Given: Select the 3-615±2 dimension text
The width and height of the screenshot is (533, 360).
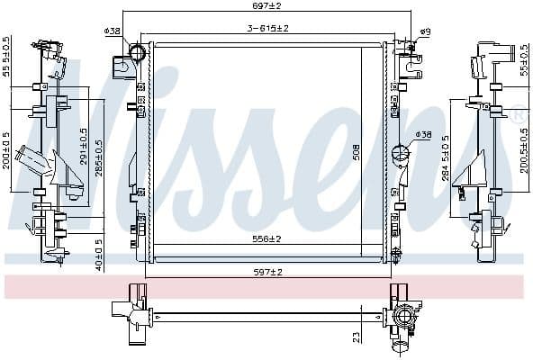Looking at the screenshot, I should tap(268, 28).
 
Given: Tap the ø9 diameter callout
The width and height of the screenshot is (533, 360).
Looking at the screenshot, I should tap(425, 32).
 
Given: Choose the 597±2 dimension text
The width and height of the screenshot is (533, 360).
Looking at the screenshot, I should tap(266, 271).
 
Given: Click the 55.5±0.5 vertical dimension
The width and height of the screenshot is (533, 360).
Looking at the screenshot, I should tap(7, 57).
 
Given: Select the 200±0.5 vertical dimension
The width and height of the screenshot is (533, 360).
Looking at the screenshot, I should tap(7, 151).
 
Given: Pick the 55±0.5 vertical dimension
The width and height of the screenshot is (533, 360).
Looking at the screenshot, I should tap(526, 59).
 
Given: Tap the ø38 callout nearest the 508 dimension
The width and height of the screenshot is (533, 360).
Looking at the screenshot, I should tap(423, 135).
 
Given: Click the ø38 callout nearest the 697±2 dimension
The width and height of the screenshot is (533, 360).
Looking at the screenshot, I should tap(113, 31).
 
